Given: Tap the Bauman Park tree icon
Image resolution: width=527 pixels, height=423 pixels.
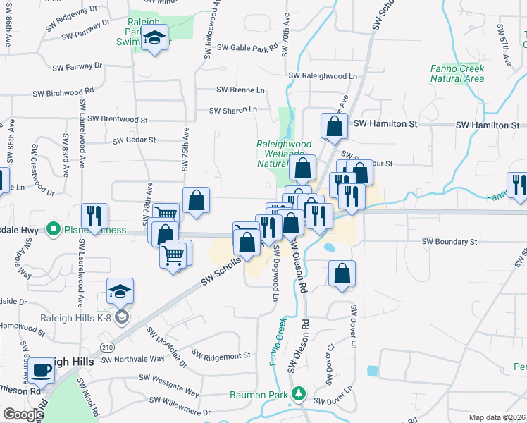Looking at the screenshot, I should (300, 393).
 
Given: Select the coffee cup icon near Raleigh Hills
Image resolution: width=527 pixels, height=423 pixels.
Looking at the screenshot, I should (42, 370).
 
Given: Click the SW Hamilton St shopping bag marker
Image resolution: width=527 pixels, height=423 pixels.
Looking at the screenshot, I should (334, 127).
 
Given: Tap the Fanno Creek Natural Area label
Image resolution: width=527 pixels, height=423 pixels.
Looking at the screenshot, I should (458, 73).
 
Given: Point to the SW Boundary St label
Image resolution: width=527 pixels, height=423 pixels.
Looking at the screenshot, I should (449, 242).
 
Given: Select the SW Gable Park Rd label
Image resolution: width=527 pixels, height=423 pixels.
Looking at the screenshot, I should (248, 48).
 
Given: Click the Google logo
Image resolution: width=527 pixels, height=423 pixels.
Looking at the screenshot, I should (23, 415).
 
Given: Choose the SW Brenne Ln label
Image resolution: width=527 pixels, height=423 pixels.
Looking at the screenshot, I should (241, 90).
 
